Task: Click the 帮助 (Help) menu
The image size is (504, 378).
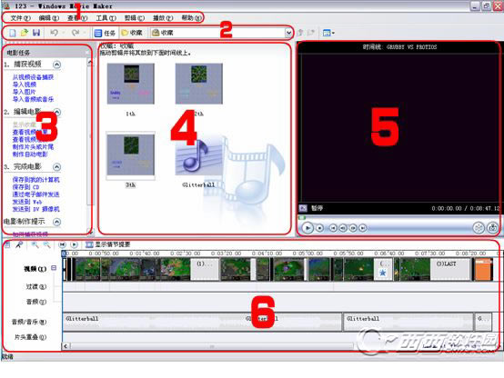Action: point(187,18)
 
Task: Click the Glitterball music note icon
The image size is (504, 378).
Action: point(197,164)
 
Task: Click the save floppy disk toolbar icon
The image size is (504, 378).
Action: point(35,33)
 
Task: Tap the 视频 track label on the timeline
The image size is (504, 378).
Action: point(36,269)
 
